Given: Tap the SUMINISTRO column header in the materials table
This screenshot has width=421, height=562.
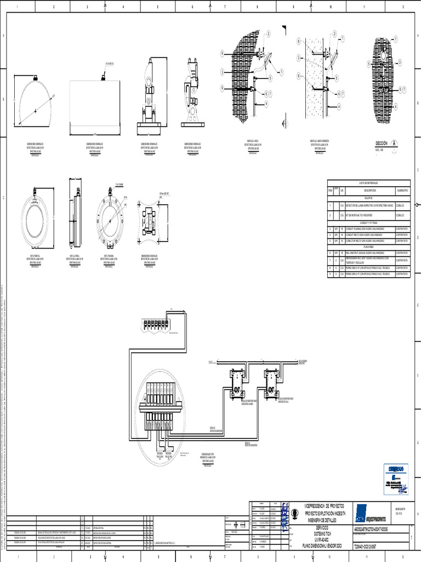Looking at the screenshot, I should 402,189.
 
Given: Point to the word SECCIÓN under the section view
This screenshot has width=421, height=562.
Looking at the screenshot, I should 381,143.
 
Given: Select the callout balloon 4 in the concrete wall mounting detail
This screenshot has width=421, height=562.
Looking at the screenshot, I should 340,105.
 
